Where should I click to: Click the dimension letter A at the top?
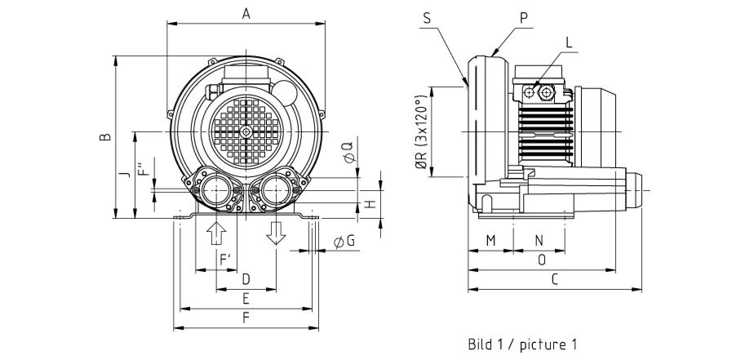246,13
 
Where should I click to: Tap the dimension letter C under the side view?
554,279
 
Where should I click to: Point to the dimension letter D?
246,279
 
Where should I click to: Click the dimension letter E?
246,298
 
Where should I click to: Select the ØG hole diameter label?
344,241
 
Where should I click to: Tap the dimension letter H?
369,203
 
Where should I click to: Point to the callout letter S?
426,17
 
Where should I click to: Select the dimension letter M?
490,240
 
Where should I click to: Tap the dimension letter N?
539,240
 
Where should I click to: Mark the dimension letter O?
542,260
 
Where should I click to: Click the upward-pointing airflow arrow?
216,232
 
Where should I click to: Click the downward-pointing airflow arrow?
276,232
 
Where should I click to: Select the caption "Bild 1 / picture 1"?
522,344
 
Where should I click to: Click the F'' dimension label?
144,175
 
